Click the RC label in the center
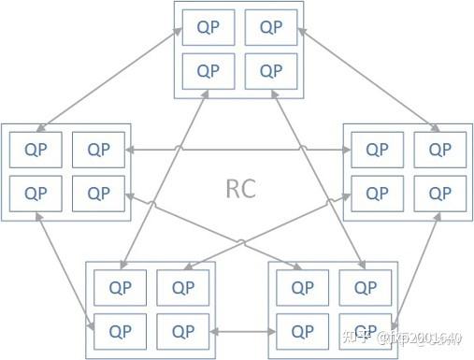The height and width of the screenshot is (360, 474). [241, 188]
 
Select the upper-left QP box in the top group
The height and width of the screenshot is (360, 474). [208, 27]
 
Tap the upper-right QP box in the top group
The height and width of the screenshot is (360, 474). [271, 27]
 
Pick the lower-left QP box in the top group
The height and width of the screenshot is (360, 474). [208, 70]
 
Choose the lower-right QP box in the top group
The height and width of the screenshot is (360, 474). [271, 70]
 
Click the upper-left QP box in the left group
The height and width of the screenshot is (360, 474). [36, 149]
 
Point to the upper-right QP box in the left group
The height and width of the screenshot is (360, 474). [98, 149]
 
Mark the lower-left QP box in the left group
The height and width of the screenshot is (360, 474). [36, 193]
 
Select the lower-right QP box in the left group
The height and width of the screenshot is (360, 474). [98, 193]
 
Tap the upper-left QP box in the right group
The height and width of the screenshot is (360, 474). [378, 149]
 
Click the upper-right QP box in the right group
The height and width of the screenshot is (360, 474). [440, 149]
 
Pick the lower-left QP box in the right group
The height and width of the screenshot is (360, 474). [378, 193]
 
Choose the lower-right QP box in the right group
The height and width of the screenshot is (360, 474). [440, 193]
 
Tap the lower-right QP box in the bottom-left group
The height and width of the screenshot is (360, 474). [182, 330]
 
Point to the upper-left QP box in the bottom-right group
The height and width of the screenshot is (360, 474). [303, 287]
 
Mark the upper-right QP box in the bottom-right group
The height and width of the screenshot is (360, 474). [365, 287]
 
